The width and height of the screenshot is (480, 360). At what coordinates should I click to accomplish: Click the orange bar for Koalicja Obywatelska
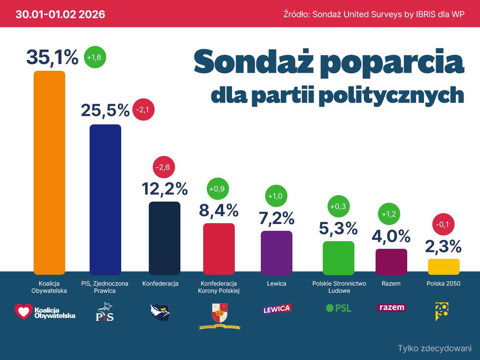49,172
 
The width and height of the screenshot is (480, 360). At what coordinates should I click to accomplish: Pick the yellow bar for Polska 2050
444,266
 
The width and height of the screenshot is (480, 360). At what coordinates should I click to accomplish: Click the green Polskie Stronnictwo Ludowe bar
338,258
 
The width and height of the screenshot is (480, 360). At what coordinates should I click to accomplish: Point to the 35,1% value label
52,57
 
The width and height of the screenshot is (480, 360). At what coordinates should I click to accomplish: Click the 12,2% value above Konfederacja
165,188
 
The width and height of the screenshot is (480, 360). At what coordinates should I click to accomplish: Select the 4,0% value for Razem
391,236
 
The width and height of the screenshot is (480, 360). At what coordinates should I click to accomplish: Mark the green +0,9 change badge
218,188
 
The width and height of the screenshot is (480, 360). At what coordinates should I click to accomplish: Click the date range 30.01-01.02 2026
60,14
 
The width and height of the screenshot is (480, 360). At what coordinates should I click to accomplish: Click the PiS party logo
105,312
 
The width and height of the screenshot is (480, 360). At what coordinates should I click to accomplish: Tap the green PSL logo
338,308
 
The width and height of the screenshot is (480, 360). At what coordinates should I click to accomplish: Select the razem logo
391,308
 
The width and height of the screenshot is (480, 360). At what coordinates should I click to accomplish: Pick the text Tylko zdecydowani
434,348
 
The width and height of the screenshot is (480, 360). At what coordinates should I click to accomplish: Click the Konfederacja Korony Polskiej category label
218,287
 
